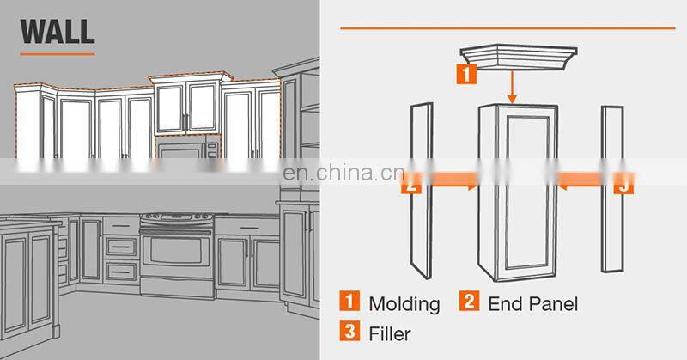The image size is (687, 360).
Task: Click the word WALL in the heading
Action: [58, 31]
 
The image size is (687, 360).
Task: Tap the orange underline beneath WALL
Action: [58, 54]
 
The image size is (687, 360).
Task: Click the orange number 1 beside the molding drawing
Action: [466, 74]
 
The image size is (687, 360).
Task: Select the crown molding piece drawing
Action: [519, 57]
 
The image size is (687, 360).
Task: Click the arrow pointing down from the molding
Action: [512, 87]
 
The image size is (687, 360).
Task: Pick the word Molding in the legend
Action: [404, 304]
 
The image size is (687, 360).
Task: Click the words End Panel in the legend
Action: [532, 304]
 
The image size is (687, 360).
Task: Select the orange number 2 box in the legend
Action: [469, 302]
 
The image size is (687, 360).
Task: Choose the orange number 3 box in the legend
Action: [350, 331]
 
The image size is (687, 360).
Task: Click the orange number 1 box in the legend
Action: [350, 302]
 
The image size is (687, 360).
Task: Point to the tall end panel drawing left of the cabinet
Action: [422, 191]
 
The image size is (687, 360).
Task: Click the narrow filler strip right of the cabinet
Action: [612, 189]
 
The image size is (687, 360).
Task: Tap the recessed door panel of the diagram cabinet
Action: [527, 193]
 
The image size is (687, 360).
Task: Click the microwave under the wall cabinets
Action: [187, 147]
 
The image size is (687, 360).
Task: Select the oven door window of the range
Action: [176, 251]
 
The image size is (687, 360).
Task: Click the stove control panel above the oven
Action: [176, 217]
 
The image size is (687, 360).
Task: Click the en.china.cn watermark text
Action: [343, 173]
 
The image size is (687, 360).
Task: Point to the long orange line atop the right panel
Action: [508, 28]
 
